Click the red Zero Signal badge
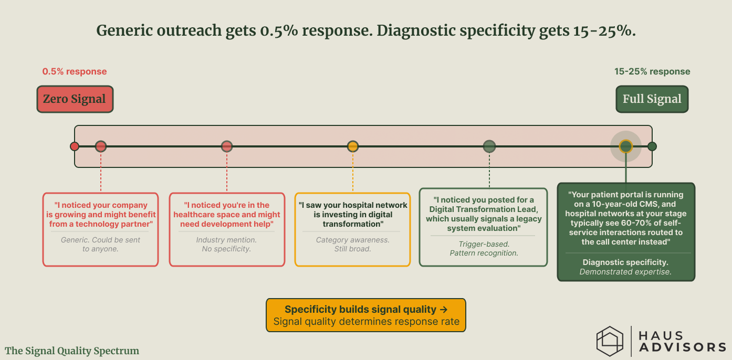pyautogui.click(x=75, y=99)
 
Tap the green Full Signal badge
pyautogui.click(x=652, y=99)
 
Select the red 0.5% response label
pyautogui.click(x=75, y=71)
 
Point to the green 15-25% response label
pyautogui.click(x=652, y=71)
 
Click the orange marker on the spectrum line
pyautogui.click(x=353, y=146)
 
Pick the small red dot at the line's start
pyautogui.click(x=75, y=146)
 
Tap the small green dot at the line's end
pyautogui.click(x=652, y=146)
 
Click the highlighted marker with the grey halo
pyautogui.click(x=625, y=146)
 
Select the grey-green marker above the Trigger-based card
pyautogui.click(x=489, y=146)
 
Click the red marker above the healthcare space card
pyautogui.click(x=227, y=146)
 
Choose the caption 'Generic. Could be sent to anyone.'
pyautogui.click(x=100, y=244)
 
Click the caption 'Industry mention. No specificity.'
pyautogui.click(x=227, y=244)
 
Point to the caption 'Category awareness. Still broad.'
pyautogui.click(x=352, y=244)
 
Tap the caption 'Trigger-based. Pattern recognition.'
pyautogui.click(x=484, y=248)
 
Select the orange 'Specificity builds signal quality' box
pyautogui.click(x=366, y=315)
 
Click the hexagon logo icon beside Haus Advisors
pyautogui.click(x=610, y=341)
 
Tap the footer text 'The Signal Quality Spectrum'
pyautogui.click(x=72, y=351)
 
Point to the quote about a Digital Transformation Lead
pyautogui.click(x=484, y=214)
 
